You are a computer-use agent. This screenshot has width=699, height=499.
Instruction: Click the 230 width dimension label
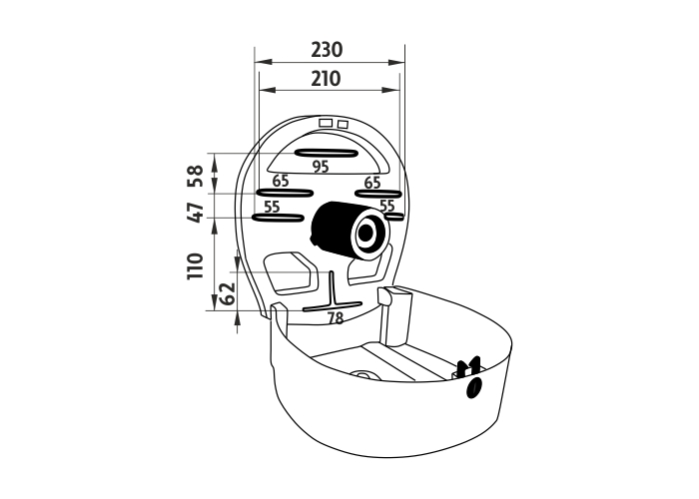point(327,50)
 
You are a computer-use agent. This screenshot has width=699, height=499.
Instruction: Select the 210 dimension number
point(326,79)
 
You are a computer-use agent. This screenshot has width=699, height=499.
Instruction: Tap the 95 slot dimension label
point(321,167)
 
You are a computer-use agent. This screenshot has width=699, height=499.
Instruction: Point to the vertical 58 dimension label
point(196,176)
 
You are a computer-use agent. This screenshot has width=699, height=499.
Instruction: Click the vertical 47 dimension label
point(196,212)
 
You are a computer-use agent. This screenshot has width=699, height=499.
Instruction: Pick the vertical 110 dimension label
point(196,266)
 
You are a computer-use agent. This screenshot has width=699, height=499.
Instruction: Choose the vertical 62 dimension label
point(229,292)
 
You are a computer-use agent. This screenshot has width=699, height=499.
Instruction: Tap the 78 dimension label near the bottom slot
point(336,318)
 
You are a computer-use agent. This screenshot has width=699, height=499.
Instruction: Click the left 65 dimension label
point(281,181)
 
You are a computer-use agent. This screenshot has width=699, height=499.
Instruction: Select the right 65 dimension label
point(372,183)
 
